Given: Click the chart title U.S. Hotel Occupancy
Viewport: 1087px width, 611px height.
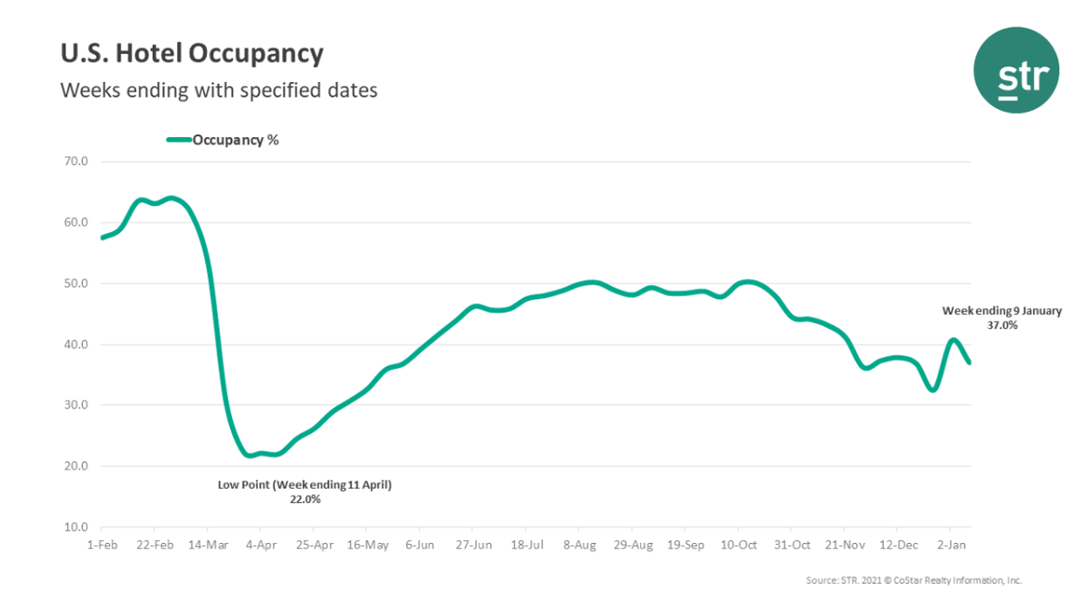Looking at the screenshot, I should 191,54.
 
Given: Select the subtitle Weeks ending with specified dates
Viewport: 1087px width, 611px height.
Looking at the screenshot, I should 218,90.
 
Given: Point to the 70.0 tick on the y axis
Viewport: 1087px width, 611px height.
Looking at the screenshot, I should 77,161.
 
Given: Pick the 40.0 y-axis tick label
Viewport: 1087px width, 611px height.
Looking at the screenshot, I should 77,345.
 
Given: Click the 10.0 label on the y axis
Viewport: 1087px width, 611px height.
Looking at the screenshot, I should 77,527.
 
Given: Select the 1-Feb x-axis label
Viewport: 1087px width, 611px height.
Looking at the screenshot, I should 101,545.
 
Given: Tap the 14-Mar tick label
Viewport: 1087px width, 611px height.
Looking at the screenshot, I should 207,545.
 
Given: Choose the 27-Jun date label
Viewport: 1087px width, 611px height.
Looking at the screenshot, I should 472,545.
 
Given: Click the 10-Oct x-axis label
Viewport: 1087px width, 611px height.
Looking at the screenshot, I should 738,545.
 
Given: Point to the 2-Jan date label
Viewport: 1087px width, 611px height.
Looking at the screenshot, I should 950,545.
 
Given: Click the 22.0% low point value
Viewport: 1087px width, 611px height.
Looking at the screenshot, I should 305,499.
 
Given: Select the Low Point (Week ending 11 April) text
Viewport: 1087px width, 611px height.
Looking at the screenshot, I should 305,484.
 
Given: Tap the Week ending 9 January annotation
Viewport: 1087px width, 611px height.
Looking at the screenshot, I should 1001,311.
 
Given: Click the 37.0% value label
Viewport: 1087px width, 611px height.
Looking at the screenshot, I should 1002,325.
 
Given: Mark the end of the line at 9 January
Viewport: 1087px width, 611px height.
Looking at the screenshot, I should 969,362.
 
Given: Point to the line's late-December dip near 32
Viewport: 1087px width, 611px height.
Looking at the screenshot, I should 932,389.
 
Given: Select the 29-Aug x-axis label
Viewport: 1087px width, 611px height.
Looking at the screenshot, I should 632,545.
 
